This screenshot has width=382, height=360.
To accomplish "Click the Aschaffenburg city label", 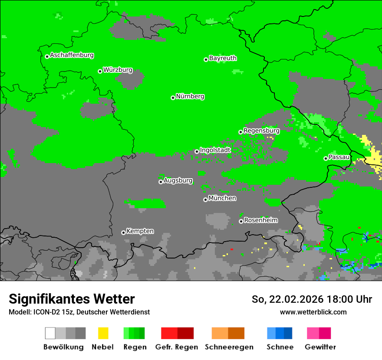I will [x=72, y=55].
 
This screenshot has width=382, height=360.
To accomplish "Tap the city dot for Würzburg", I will [x=100, y=71].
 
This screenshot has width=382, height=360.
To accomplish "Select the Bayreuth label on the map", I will [x=223, y=58].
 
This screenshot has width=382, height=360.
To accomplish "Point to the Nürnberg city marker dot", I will [x=173, y=98].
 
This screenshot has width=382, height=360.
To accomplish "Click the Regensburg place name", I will [x=261, y=131].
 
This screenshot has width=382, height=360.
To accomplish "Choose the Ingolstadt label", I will [x=215, y=150].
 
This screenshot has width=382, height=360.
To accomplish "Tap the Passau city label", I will [x=339, y=157].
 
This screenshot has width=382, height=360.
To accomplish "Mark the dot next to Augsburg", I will [x=161, y=182].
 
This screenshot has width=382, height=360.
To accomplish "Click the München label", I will [x=222, y=198].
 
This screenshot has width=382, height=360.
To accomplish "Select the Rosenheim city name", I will [x=260, y=220].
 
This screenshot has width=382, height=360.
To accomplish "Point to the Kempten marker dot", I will [x=123, y=232].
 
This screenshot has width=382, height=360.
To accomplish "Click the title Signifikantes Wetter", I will [x=72, y=299].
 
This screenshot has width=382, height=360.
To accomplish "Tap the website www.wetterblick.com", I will [x=313, y=312].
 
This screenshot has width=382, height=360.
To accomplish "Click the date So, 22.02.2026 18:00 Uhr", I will [x=312, y=299].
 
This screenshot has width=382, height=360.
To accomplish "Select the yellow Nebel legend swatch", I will [x=103, y=333].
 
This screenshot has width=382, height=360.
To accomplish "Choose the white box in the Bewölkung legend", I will [x=50, y=333].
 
